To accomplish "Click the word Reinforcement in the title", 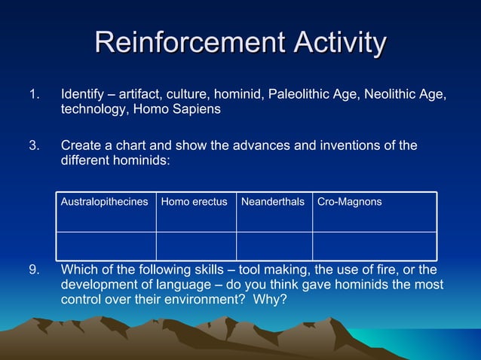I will pos(190,43).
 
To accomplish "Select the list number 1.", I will pos(32,95).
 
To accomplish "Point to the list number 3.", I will pos(32,145).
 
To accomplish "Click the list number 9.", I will pos(32,270).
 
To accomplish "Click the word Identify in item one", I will pos(84,95).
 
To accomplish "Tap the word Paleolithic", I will pos(296,95).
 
